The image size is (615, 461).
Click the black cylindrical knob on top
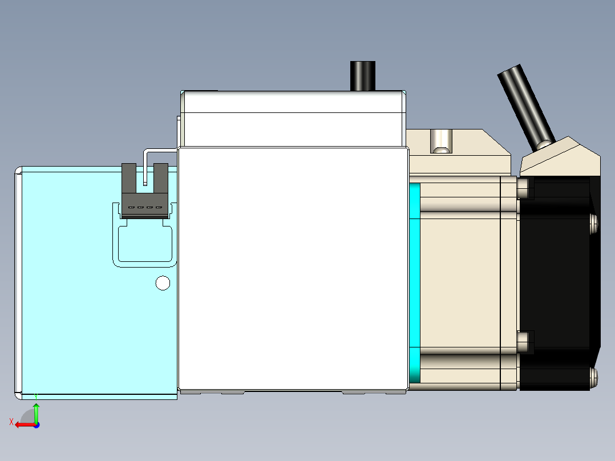click(x=363, y=75)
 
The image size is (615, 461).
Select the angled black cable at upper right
click(x=525, y=106)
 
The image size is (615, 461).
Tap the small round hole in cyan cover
click(x=163, y=283)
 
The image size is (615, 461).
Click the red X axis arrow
click(x=24, y=424)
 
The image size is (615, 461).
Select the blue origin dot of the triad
click(x=36, y=424)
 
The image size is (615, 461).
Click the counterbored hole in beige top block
click(x=441, y=141)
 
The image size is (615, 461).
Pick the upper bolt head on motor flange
click(x=524, y=188)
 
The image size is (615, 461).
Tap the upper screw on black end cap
click(x=594, y=223)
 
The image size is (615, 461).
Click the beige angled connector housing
click(x=559, y=157)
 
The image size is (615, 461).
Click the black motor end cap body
click(x=556, y=274)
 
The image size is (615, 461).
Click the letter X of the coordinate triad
click(x=11, y=422)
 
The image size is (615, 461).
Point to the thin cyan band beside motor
click(x=415, y=282)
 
